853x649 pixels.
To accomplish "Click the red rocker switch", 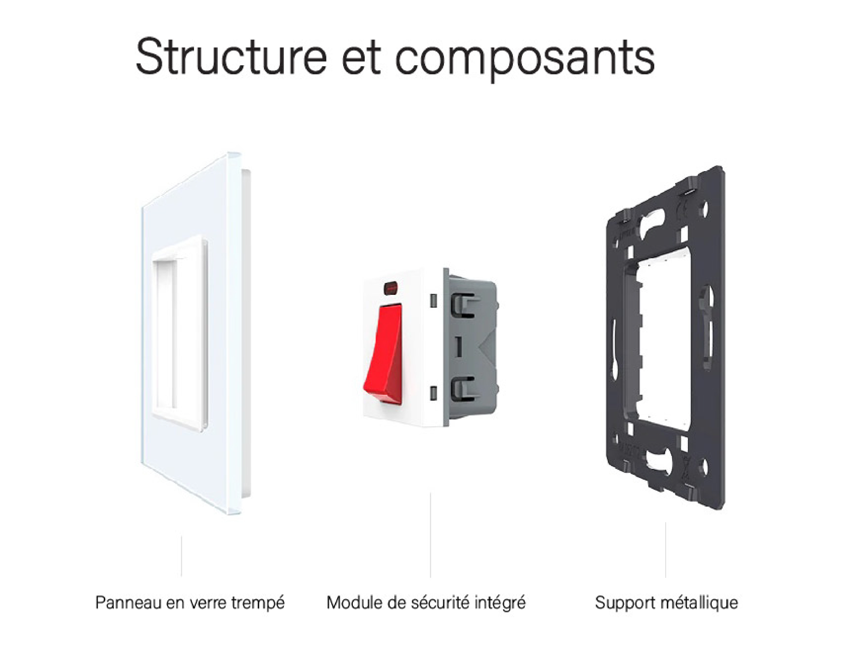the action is (x=383, y=354).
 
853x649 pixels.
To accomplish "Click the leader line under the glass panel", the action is (x=181, y=556).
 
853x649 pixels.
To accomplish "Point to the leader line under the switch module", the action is (x=430, y=535).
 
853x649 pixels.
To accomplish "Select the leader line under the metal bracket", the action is (x=665, y=550).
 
